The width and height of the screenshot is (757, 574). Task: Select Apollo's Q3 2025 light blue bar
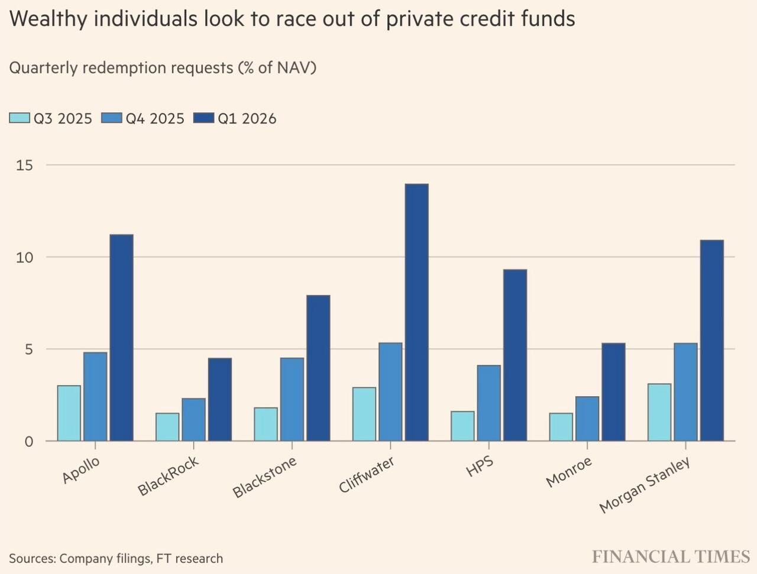[x=69, y=413]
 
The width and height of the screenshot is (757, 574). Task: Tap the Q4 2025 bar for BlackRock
[x=193, y=420]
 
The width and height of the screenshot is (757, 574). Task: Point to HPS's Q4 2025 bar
[x=489, y=403]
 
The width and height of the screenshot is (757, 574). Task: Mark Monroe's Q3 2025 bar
[x=561, y=427]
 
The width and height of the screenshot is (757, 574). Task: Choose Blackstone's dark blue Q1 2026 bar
[x=318, y=368]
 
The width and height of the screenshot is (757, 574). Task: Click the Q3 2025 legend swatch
[x=19, y=118]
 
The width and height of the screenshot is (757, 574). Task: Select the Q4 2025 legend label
[x=155, y=119]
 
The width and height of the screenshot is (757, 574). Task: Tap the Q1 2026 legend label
[x=247, y=119]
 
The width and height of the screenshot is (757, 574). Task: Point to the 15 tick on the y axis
[x=24, y=165]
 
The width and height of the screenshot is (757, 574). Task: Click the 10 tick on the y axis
[x=24, y=257]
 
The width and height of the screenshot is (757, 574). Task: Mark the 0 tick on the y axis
[x=28, y=442]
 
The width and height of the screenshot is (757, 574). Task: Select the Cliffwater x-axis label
[x=367, y=475]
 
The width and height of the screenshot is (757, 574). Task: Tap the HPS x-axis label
[x=480, y=466]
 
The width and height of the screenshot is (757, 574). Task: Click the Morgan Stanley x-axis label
[x=645, y=485]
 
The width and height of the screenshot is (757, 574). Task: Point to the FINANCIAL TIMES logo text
[x=671, y=557]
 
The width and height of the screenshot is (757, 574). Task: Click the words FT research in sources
[x=190, y=559]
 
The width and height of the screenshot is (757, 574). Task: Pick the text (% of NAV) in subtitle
[x=277, y=68]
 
